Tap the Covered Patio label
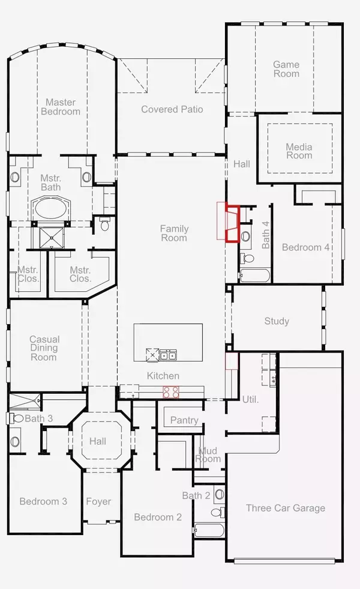click(x=172, y=109)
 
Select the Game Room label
click(x=286, y=69)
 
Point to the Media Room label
click(x=299, y=151)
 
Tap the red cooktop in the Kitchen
click(x=171, y=393)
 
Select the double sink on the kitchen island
click(x=168, y=355)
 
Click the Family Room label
click(x=174, y=233)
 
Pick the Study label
click(x=277, y=321)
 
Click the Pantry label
click(x=184, y=420)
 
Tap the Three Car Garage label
click(x=286, y=508)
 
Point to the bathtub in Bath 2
click(x=209, y=531)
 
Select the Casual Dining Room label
click(x=44, y=348)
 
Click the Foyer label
click(x=98, y=501)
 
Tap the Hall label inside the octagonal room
click(x=98, y=441)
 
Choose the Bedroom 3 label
click(x=43, y=501)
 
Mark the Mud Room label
click(x=209, y=455)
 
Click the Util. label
click(x=250, y=399)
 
